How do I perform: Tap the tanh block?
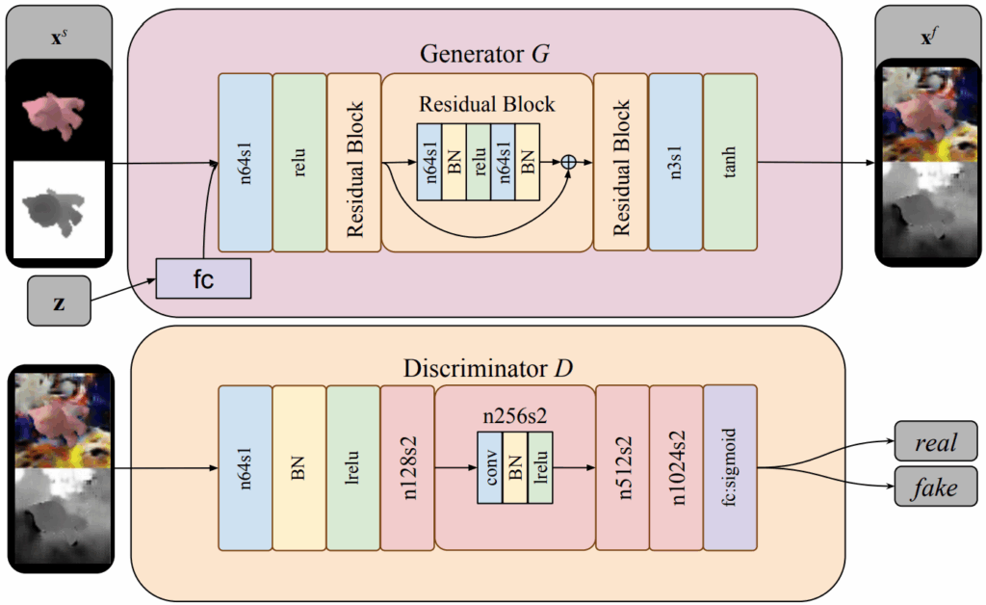730,162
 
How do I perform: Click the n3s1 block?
676,162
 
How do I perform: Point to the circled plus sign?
568,163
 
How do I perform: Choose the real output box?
935,442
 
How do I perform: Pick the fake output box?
935,487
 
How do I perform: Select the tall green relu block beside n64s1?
299,162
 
